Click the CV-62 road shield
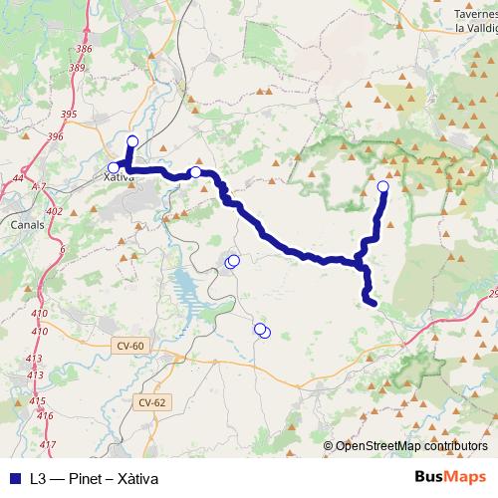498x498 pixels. pyautogui.click(x=151, y=402)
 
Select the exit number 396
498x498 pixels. pyautogui.click(x=55, y=136)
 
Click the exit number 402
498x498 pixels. pyautogui.click(x=55, y=211)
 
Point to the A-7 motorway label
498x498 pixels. pyautogui.click(x=39, y=186)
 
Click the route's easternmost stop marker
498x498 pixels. pyautogui.click(x=383, y=186)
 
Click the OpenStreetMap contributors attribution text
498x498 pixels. pyautogui.click(x=412, y=446)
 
